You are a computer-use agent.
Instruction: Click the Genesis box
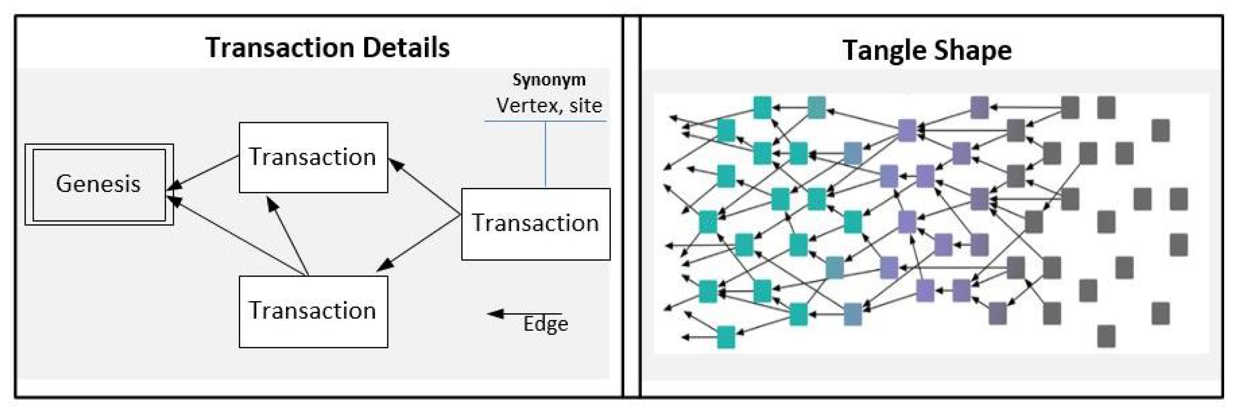pyautogui.click(x=99, y=184)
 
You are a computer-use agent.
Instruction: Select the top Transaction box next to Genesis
pyautogui.click(x=313, y=157)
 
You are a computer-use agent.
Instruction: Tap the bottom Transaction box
pyautogui.click(x=313, y=311)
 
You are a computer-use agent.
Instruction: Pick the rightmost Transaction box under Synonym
pyautogui.click(x=536, y=224)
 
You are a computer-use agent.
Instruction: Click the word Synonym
pyautogui.click(x=549, y=80)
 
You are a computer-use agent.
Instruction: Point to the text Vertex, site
pyautogui.click(x=549, y=106)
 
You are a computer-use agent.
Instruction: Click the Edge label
pyautogui.click(x=545, y=324)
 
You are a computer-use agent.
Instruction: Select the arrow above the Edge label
pyautogui.click(x=524, y=314)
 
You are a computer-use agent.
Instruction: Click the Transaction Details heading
pyautogui.click(x=328, y=48)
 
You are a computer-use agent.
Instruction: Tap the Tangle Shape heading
pyautogui.click(x=927, y=50)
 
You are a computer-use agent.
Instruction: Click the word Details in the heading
pyautogui.click(x=406, y=48)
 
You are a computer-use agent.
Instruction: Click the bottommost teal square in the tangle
pyautogui.click(x=726, y=337)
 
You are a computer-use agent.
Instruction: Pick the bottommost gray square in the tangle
pyautogui.click(x=1106, y=336)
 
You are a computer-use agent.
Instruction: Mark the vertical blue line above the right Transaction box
pyautogui.click(x=545, y=154)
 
